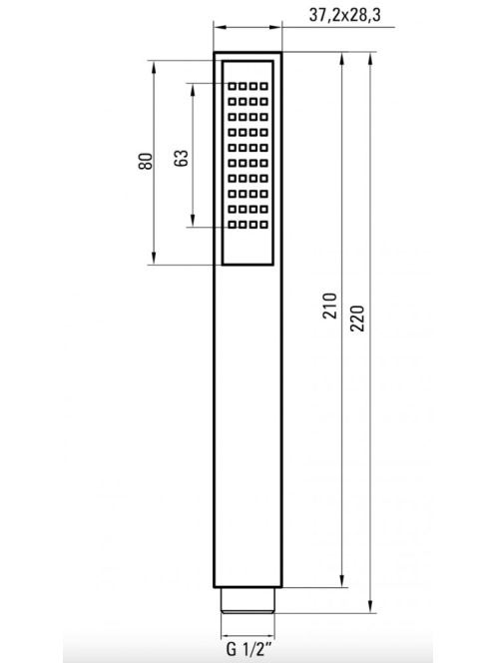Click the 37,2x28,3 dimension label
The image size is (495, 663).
pos(344,15)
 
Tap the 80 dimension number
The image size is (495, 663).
pos(146,161)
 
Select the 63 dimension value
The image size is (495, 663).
pos(182,158)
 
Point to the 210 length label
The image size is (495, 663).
pos(330,306)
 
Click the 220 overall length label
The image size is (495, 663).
pos(357,318)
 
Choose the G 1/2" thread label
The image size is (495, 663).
pos(248,648)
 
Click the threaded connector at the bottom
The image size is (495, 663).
pos(247,600)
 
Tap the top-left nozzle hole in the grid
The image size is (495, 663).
pos(233,86)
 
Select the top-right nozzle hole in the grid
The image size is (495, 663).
pos(263,86)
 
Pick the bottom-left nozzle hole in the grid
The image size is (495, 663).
pos(233,225)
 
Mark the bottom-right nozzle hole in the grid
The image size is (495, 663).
pos(263,225)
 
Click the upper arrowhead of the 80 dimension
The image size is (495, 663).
pos(154,67)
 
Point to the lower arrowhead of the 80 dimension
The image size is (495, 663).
pos(154,259)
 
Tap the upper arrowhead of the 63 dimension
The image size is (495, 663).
pos(193,90)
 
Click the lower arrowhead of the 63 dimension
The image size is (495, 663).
pos(193,221)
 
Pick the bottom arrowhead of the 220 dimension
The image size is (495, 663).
pos(370,606)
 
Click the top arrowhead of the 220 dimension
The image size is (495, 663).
pos(370,59)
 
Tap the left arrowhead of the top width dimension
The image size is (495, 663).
pos(221,28)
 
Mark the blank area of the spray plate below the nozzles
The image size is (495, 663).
pos(247,246)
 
